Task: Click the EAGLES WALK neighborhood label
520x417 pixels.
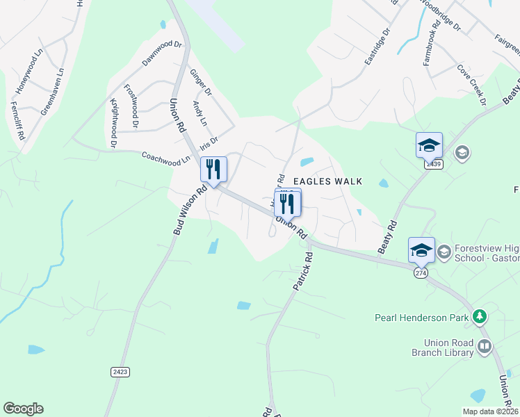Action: [327, 181]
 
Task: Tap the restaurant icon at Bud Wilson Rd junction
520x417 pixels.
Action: [213, 170]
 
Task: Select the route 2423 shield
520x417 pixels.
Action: [120, 372]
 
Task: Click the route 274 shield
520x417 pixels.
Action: [420, 273]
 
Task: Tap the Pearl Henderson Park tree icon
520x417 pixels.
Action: [479, 318]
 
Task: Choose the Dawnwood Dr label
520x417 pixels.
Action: [161, 53]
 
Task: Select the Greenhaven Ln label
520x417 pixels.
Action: [52, 90]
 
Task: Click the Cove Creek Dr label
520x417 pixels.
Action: [471, 85]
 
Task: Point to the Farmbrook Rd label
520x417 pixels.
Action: [433, 47]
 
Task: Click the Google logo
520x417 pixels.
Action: [23, 409]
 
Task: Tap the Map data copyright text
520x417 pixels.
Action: [490, 411]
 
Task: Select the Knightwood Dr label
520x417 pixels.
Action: [113, 122]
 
